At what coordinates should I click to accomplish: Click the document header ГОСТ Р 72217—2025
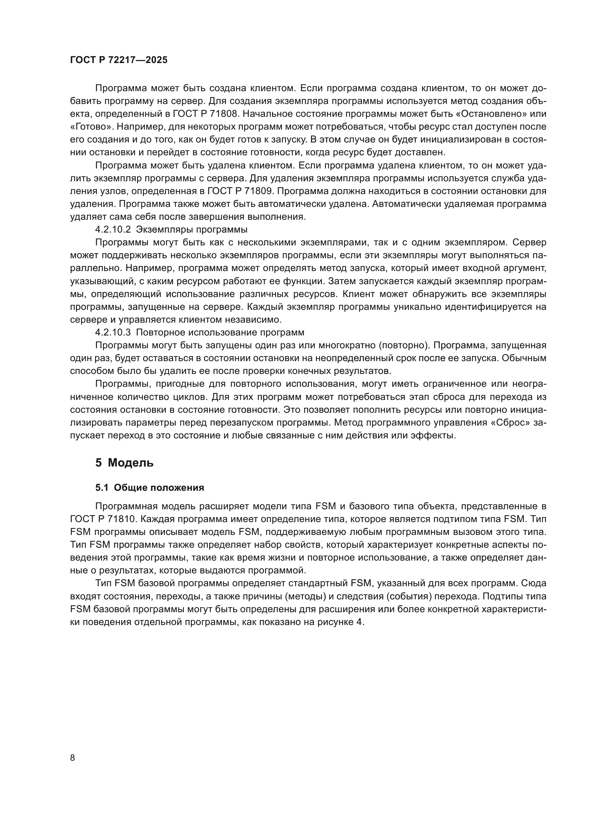[x=119, y=60]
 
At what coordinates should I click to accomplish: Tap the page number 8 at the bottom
[x=73, y=757]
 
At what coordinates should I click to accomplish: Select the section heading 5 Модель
[x=124, y=463]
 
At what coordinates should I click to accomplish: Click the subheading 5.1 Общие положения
[x=150, y=488]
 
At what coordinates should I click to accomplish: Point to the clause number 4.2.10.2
[x=113, y=230]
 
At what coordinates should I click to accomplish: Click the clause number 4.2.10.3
[x=113, y=332]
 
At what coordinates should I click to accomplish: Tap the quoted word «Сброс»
[x=510, y=423]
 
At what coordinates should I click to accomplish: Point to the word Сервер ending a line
[x=530, y=243]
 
